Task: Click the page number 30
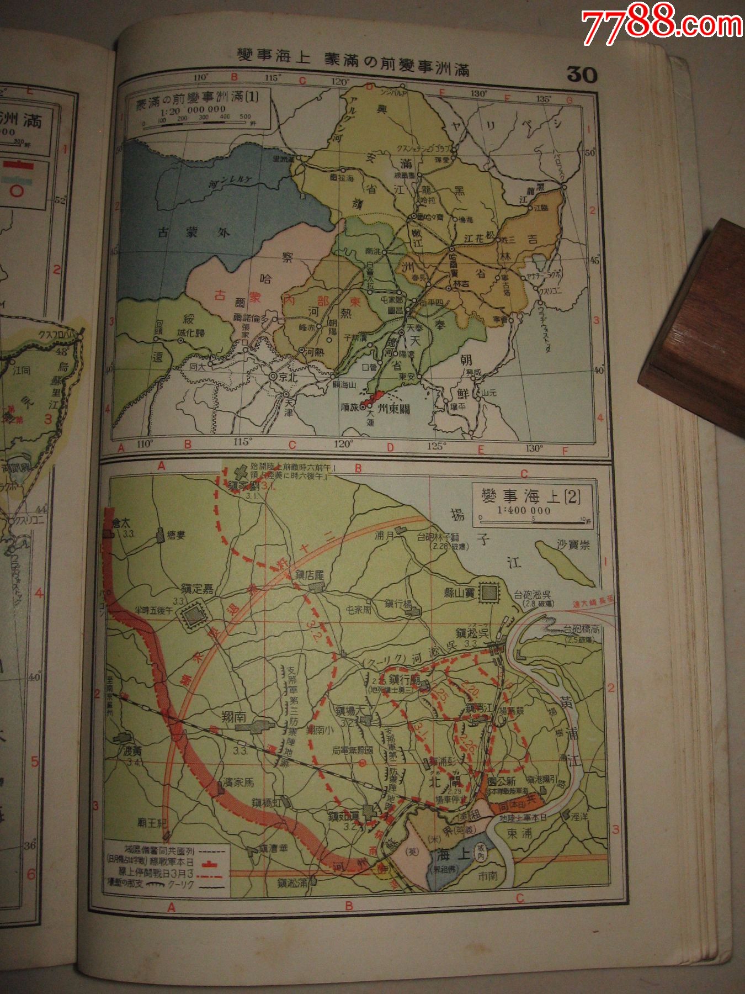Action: [582, 74]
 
